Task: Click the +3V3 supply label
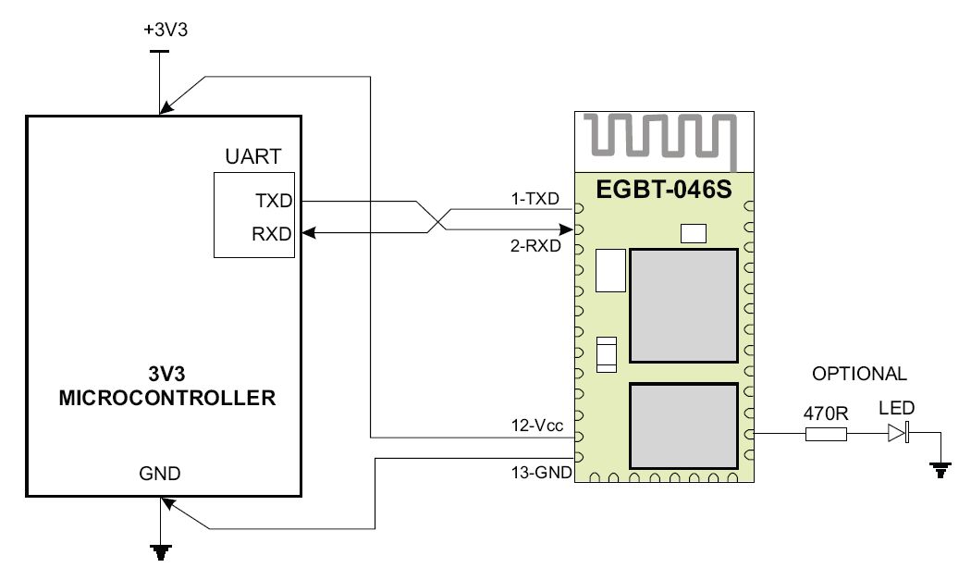click(166, 30)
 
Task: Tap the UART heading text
click(253, 156)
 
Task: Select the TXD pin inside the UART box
click(274, 201)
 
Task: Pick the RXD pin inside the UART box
click(272, 234)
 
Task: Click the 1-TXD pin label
click(535, 199)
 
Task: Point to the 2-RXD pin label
click(535, 246)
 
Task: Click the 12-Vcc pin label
click(537, 426)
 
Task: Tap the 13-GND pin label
click(541, 473)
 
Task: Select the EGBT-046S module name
click(664, 189)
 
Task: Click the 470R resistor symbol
click(826, 435)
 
